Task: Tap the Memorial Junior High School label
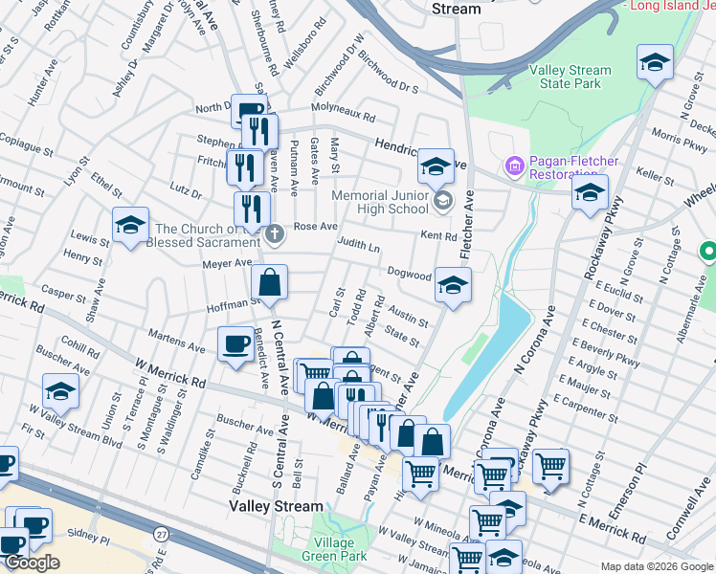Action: (380, 202)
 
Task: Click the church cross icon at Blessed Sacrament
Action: (275, 233)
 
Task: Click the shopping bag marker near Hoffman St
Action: (270, 282)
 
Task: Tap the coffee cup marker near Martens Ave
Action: (235, 344)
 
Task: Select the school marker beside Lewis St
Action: (130, 225)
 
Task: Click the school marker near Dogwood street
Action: (453, 284)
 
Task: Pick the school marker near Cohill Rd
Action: (60, 391)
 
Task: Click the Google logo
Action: (31, 563)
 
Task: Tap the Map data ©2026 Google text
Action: (656, 566)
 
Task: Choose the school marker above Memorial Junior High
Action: (435, 166)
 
